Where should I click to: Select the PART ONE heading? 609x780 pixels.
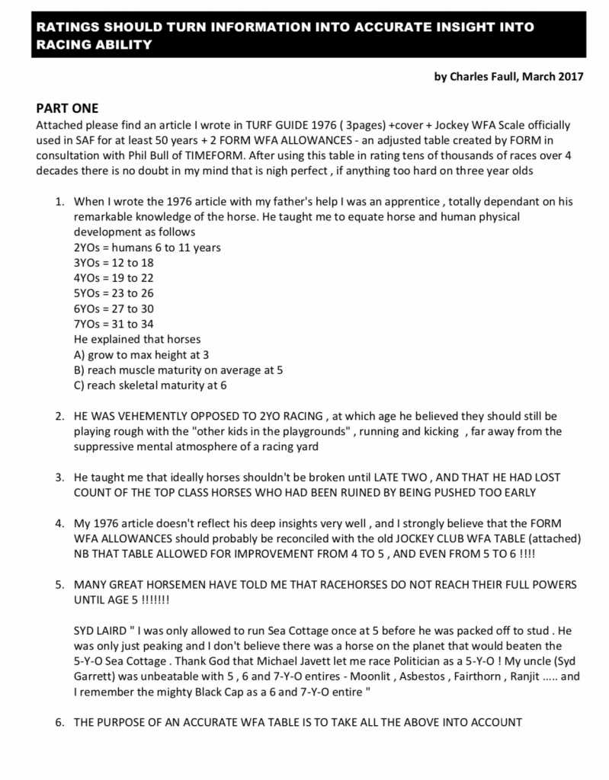click(x=67, y=108)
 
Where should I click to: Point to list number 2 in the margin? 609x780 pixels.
click(x=59, y=417)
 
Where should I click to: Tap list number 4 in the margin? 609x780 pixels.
click(x=59, y=523)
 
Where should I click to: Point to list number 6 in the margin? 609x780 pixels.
click(x=59, y=723)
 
